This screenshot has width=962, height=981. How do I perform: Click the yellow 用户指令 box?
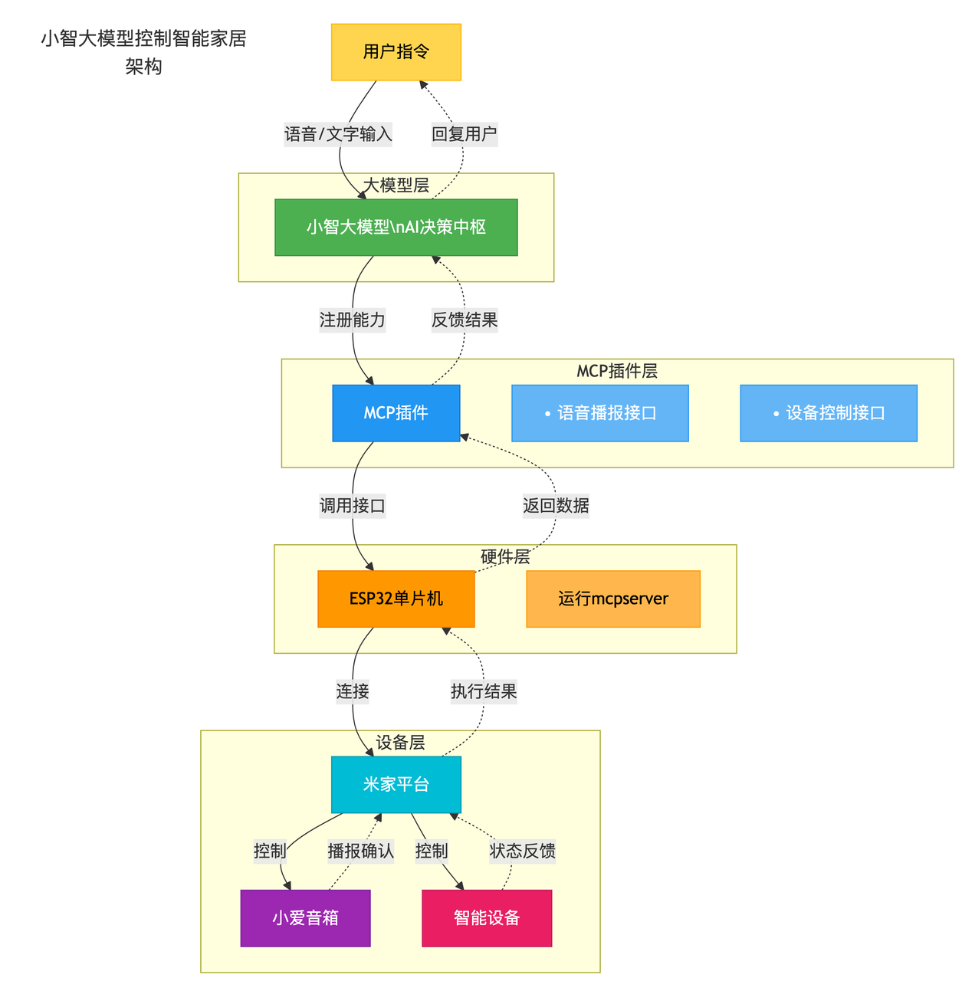[396, 52]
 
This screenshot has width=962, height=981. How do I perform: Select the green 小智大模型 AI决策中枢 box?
[396, 228]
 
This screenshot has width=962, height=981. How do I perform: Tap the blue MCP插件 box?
[396, 413]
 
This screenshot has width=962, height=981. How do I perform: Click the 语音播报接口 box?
[599, 413]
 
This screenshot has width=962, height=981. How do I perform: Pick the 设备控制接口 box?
[828, 413]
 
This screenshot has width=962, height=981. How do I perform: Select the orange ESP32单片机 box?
[396, 599]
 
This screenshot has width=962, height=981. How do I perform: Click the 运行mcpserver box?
[612, 599]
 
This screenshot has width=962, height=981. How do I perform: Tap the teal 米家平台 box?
[396, 785]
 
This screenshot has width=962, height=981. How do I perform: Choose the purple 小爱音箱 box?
[305, 918]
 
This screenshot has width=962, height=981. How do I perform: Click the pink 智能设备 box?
[487, 918]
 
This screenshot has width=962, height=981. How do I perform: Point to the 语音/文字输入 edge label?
[338, 135]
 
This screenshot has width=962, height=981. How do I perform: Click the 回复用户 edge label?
[464, 135]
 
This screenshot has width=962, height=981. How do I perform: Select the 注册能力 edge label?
[352, 320]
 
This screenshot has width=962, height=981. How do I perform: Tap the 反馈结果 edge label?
[464, 320]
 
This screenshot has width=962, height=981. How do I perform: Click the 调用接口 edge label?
[352, 506]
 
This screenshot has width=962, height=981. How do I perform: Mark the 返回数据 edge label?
[556, 506]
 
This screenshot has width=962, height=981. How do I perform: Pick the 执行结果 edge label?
[484, 691]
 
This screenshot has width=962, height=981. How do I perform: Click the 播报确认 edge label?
[360, 851]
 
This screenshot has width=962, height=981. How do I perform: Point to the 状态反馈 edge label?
[522, 851]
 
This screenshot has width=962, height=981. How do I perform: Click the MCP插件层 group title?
[616, 372]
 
